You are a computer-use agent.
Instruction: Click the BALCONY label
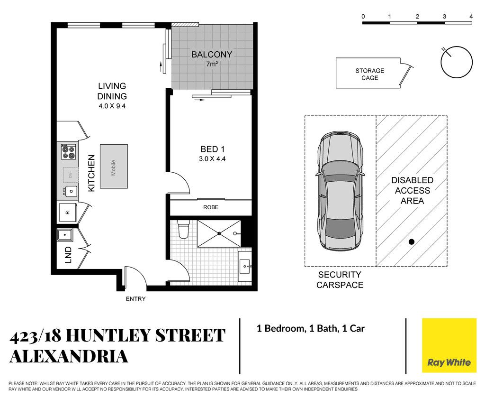tap(212, 55)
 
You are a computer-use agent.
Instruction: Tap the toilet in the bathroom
tap(183, 230)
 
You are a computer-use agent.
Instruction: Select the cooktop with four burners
tap(68, 151)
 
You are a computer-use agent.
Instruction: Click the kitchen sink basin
tap(71, 192)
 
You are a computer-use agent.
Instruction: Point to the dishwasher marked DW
tap(71, 176)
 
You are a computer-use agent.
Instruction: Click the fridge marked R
tap(68, 213)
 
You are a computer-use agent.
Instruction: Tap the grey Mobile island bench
tap(114, 167)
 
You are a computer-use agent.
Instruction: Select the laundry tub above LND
tap(64, 235)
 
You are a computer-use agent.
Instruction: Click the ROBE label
tap(211, 207)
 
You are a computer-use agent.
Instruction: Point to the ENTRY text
tap(135, 299)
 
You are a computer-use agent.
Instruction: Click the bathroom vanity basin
tap(246, 266)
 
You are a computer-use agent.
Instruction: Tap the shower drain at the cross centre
tap(219, 233)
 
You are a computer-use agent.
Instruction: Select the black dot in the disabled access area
tap(412, 242)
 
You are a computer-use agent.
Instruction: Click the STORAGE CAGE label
tap(369, 74)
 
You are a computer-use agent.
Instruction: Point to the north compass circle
tap(457, 62)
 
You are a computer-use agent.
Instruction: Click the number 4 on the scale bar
tap(471, 17)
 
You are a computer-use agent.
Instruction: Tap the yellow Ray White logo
tap(449, 345)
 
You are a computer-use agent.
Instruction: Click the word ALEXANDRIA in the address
tap(69, 357)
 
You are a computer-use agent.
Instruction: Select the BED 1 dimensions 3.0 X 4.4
tap(212, 159)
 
